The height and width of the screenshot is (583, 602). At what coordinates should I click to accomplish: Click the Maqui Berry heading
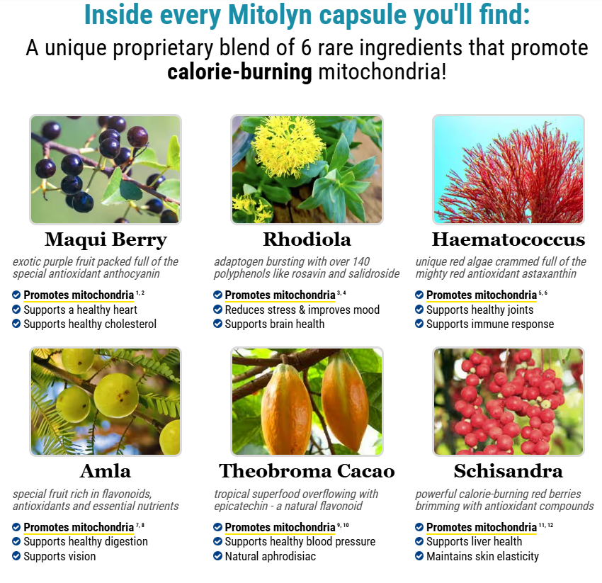pos(106,239)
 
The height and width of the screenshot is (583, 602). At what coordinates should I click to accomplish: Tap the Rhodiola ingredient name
pos(307,239)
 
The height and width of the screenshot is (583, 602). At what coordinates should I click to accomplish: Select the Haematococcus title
pos(508,239)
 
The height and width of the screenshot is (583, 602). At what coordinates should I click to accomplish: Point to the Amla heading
pos(106,471)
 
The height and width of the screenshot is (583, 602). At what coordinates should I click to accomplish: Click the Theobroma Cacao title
pos(307,471)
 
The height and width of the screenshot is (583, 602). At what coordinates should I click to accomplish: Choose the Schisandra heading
pos(508,471)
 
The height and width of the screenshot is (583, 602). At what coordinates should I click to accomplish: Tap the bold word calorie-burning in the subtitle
pos(239,72)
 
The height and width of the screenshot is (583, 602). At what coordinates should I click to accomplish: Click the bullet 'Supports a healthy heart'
pos(80,310)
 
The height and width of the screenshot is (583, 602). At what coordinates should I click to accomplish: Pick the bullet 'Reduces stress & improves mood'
pos(302,310)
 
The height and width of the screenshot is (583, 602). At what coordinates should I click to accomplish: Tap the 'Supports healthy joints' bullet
pos(479,310)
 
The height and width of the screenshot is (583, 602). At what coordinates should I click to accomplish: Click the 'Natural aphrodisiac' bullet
pos(270,556)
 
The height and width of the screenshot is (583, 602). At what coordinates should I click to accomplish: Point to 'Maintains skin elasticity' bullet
pos(482,556)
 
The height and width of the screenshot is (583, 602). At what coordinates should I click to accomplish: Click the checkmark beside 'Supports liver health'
pos(419,542)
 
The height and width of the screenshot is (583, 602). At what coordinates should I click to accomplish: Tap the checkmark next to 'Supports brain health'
pos(218,324)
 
